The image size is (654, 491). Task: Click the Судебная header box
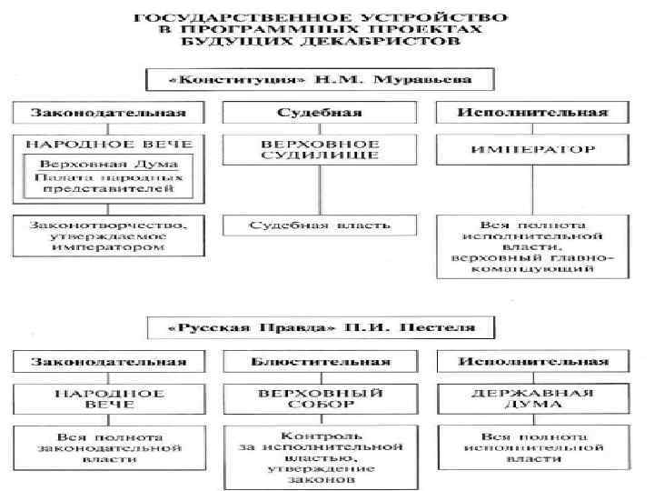(319, 113)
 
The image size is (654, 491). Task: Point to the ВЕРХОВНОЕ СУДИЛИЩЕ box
(319, 150)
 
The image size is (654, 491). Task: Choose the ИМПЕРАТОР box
(532, 149)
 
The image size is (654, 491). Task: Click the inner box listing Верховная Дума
(106, 177)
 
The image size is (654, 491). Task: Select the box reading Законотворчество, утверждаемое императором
(106, 234)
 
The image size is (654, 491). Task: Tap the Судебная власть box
(320, 224)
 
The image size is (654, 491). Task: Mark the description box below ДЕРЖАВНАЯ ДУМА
(532, 447)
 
